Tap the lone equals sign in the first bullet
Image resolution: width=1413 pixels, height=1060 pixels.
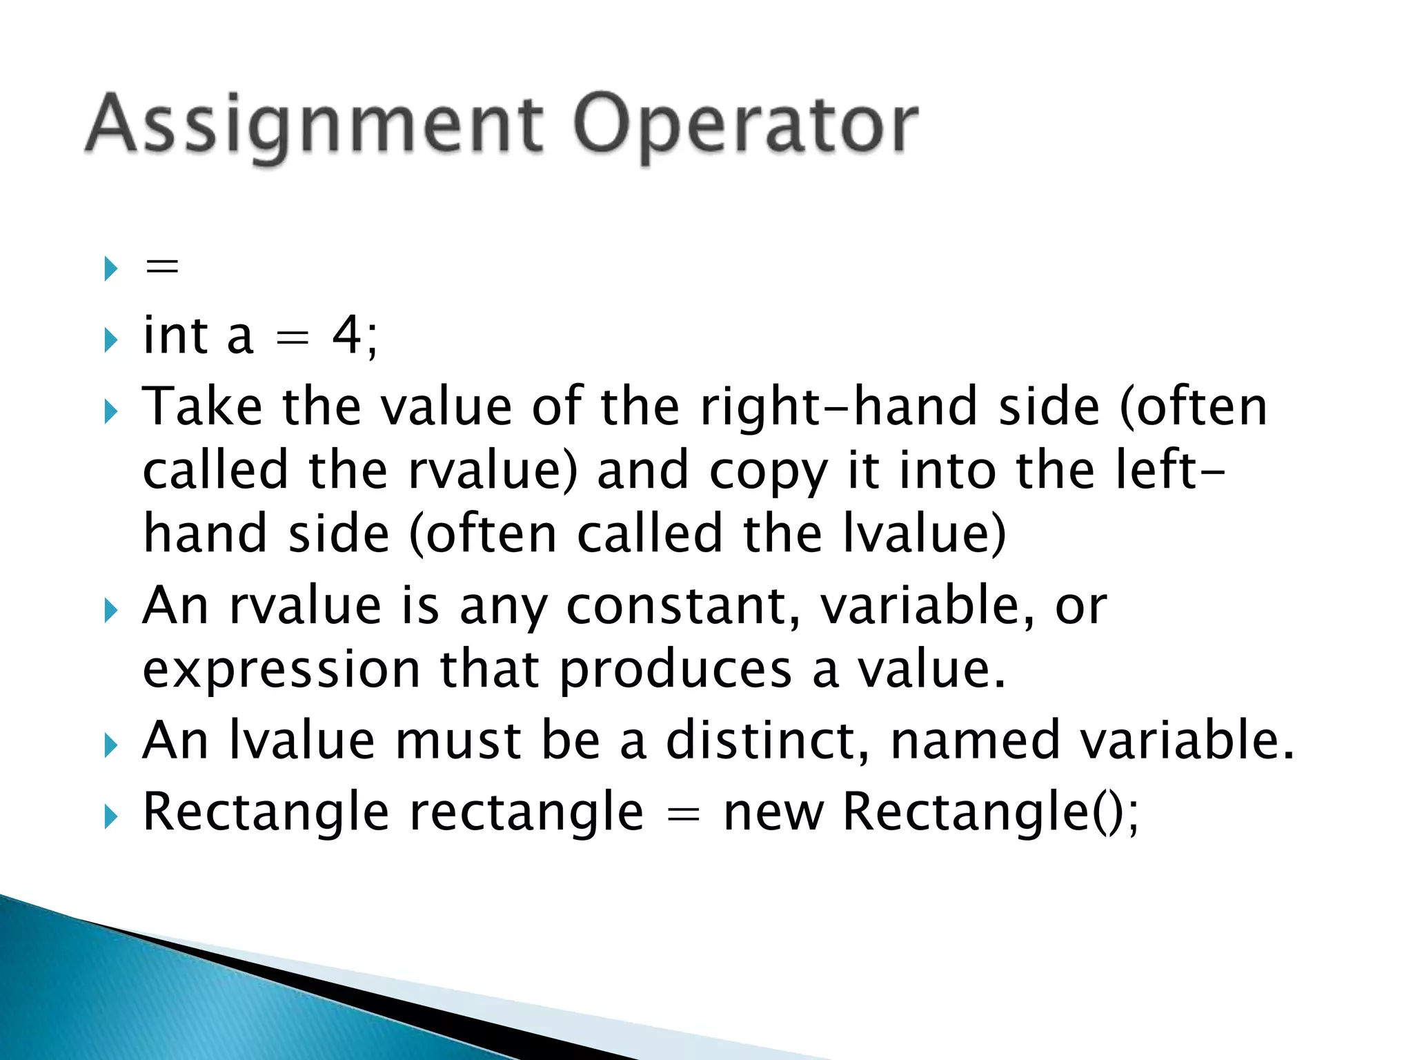click(162, 266)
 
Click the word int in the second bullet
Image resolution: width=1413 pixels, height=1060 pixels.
click(175, 336)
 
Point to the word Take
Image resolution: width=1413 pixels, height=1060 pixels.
click(202, 406)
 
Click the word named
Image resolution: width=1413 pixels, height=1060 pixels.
click(975, 740)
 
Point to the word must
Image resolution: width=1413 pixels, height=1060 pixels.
click(457, 740)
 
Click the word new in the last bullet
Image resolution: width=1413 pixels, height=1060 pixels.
click(773, 812)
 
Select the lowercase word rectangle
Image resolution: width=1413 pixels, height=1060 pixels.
click(526, 812)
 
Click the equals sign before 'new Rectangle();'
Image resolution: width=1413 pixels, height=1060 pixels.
click(683, 815)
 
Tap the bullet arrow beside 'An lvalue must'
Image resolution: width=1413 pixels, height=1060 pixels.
click(110, 745)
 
